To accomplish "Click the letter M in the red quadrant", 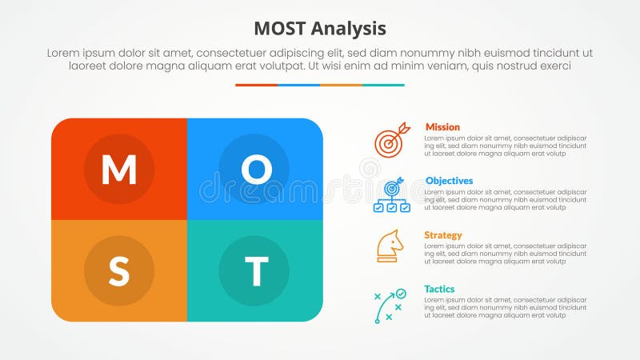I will tap(118, 169).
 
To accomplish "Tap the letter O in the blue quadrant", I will tap(255, 169).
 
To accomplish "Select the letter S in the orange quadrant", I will tap(118, 272).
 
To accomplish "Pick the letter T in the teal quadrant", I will tap(255, 272).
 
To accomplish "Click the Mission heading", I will tap(442, 127).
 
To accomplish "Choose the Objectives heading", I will tap(449, 181).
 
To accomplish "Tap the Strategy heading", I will tap(443, 235).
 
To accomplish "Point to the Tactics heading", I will tap(440, 289).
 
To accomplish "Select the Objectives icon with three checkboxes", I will tap(391, 195).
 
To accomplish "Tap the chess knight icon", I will tap(390, 246).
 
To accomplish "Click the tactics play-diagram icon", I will tap(390, 306).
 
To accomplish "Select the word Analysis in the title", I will tap(350, 29).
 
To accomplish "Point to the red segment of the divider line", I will tap(256, 85).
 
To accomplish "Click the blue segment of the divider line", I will tap(298, 85).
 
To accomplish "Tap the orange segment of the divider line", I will tap(341, 85).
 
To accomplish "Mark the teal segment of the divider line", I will tap(383, 85).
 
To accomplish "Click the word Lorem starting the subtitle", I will tap(64, 53).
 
